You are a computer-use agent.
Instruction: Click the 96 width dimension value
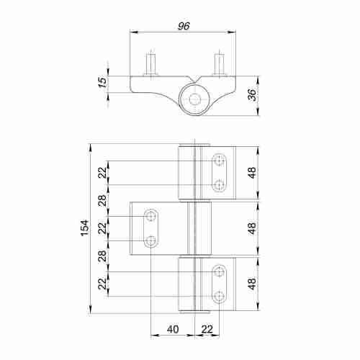(x=183, y=25)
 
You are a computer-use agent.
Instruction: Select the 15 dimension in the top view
(x=102, y=84)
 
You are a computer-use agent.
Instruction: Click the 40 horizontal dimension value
(x=172, y=329)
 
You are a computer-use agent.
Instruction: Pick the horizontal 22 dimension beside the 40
(x=207, y=329)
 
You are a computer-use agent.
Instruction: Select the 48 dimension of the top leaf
(x=251, y=174)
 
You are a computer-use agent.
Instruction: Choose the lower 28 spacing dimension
(x=102, y=256)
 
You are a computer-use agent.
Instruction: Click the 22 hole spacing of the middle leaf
(x=102, y=228)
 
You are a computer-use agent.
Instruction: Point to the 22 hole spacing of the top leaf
(x=102, y=173)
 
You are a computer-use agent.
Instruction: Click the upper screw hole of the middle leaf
(x=151, y=216)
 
